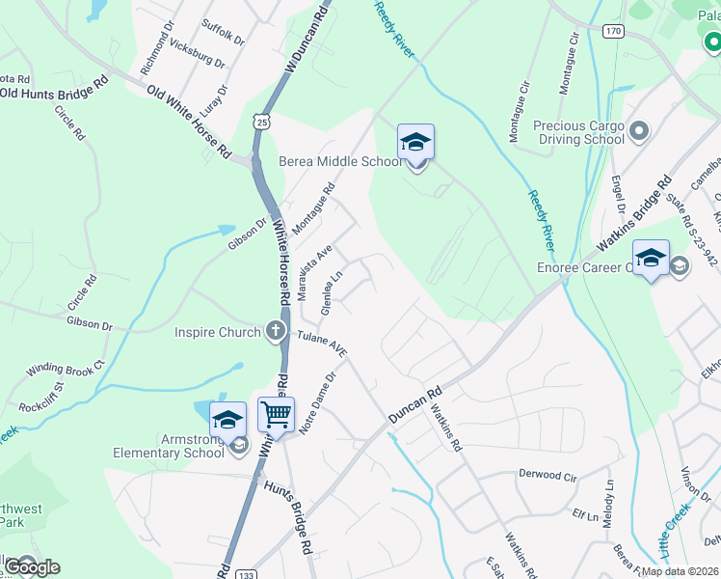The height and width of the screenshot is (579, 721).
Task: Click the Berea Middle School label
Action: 340,161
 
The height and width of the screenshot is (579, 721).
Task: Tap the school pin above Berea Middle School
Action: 415,142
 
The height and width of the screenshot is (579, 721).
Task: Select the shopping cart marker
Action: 277,415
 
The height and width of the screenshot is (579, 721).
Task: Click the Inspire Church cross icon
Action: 276,332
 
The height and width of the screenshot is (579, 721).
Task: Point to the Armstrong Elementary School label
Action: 169,446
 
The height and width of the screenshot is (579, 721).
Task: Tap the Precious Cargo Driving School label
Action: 579,132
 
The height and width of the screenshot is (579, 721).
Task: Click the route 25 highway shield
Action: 261,119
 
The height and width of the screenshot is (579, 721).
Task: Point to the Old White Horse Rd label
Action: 189,122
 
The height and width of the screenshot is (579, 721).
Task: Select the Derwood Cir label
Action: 547,476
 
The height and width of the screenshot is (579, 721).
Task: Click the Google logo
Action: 31,566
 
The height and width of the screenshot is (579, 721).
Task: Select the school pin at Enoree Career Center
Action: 651,258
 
